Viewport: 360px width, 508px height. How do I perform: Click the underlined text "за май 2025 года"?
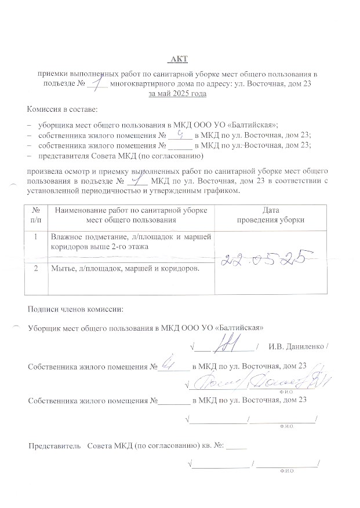pyautogui.click(x=178, y=94)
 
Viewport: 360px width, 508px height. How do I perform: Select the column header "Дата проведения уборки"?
pyautogui.click(x=267, y=215)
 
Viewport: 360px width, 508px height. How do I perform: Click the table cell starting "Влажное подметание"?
pyautogui.click(x=130, y=242)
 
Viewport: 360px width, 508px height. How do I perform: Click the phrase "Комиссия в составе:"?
pyautogui.click(x=63, y=109)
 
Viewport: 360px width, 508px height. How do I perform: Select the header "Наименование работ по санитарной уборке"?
pyautogui.click(x=130, y=210)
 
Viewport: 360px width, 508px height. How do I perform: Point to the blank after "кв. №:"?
pyautogui.click(x=237, y=446)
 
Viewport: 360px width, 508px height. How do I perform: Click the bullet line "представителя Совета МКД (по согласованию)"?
pyautogui.click(x=119, y=156)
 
